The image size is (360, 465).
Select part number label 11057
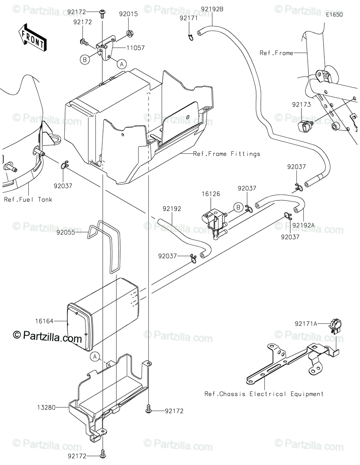(x=135, y=48)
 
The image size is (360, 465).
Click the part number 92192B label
(x=212, y=9)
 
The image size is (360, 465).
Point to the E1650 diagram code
(x=334, y=15)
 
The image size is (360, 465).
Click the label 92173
(x=301, y=104)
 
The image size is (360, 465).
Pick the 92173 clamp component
(x=305, y=126)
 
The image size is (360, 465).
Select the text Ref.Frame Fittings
(x=227, y=154)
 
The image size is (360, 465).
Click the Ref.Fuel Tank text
(x=28, y=200)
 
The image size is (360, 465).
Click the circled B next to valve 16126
(x=238, y=207)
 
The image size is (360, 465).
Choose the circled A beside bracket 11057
(x=122, y=64)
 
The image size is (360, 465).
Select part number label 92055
(x=65, y=232)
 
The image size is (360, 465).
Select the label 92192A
(x=303, y=225)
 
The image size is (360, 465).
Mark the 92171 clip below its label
(x=191, y=37)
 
